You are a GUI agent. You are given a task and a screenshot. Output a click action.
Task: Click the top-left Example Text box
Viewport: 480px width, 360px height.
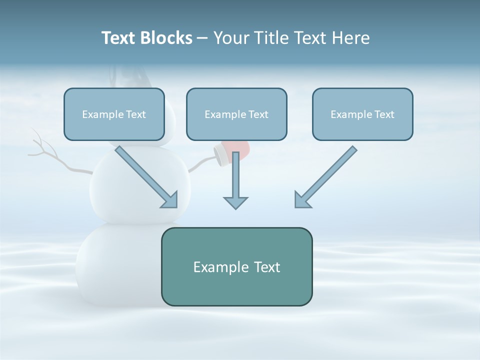(114, 114)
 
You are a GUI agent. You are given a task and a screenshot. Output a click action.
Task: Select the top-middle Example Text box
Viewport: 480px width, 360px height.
(236, 114)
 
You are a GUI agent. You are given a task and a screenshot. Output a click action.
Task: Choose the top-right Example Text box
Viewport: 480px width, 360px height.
(362, 114)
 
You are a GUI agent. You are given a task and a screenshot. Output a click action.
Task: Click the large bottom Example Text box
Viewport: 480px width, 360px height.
(236, 267)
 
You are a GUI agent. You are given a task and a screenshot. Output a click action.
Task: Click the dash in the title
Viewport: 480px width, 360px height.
(202, 38)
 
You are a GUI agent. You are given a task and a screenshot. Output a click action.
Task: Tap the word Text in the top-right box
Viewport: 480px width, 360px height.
(384, 114)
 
